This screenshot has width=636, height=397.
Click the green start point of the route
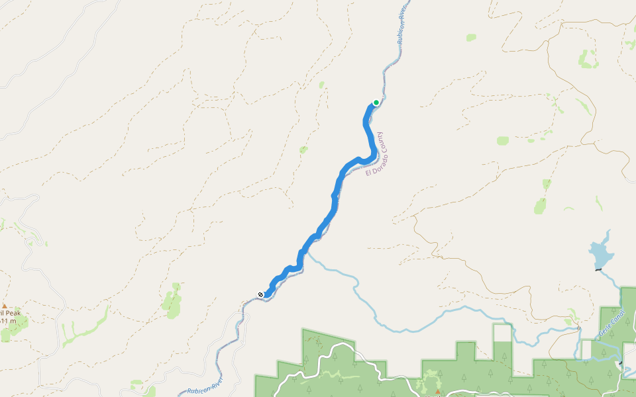click(376, 102)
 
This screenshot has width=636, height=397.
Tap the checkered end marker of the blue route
click(261, 294)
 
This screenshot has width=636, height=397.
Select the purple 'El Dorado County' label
click(375, 154)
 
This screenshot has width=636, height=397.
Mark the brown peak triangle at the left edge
click(4, 306)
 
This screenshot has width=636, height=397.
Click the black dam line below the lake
click(598, 269)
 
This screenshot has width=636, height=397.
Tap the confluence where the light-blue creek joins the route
click(305, 250)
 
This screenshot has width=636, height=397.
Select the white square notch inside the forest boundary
click(502, 333)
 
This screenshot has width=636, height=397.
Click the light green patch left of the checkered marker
click(172, 300)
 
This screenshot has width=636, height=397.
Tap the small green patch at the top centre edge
click(471, 38)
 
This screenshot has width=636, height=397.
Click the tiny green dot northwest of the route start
click(321, 85)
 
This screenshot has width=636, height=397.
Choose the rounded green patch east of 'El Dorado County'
click(503, 140)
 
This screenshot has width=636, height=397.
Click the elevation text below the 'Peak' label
click(8, 321)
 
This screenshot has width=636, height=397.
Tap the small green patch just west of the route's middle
click(303, 150)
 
